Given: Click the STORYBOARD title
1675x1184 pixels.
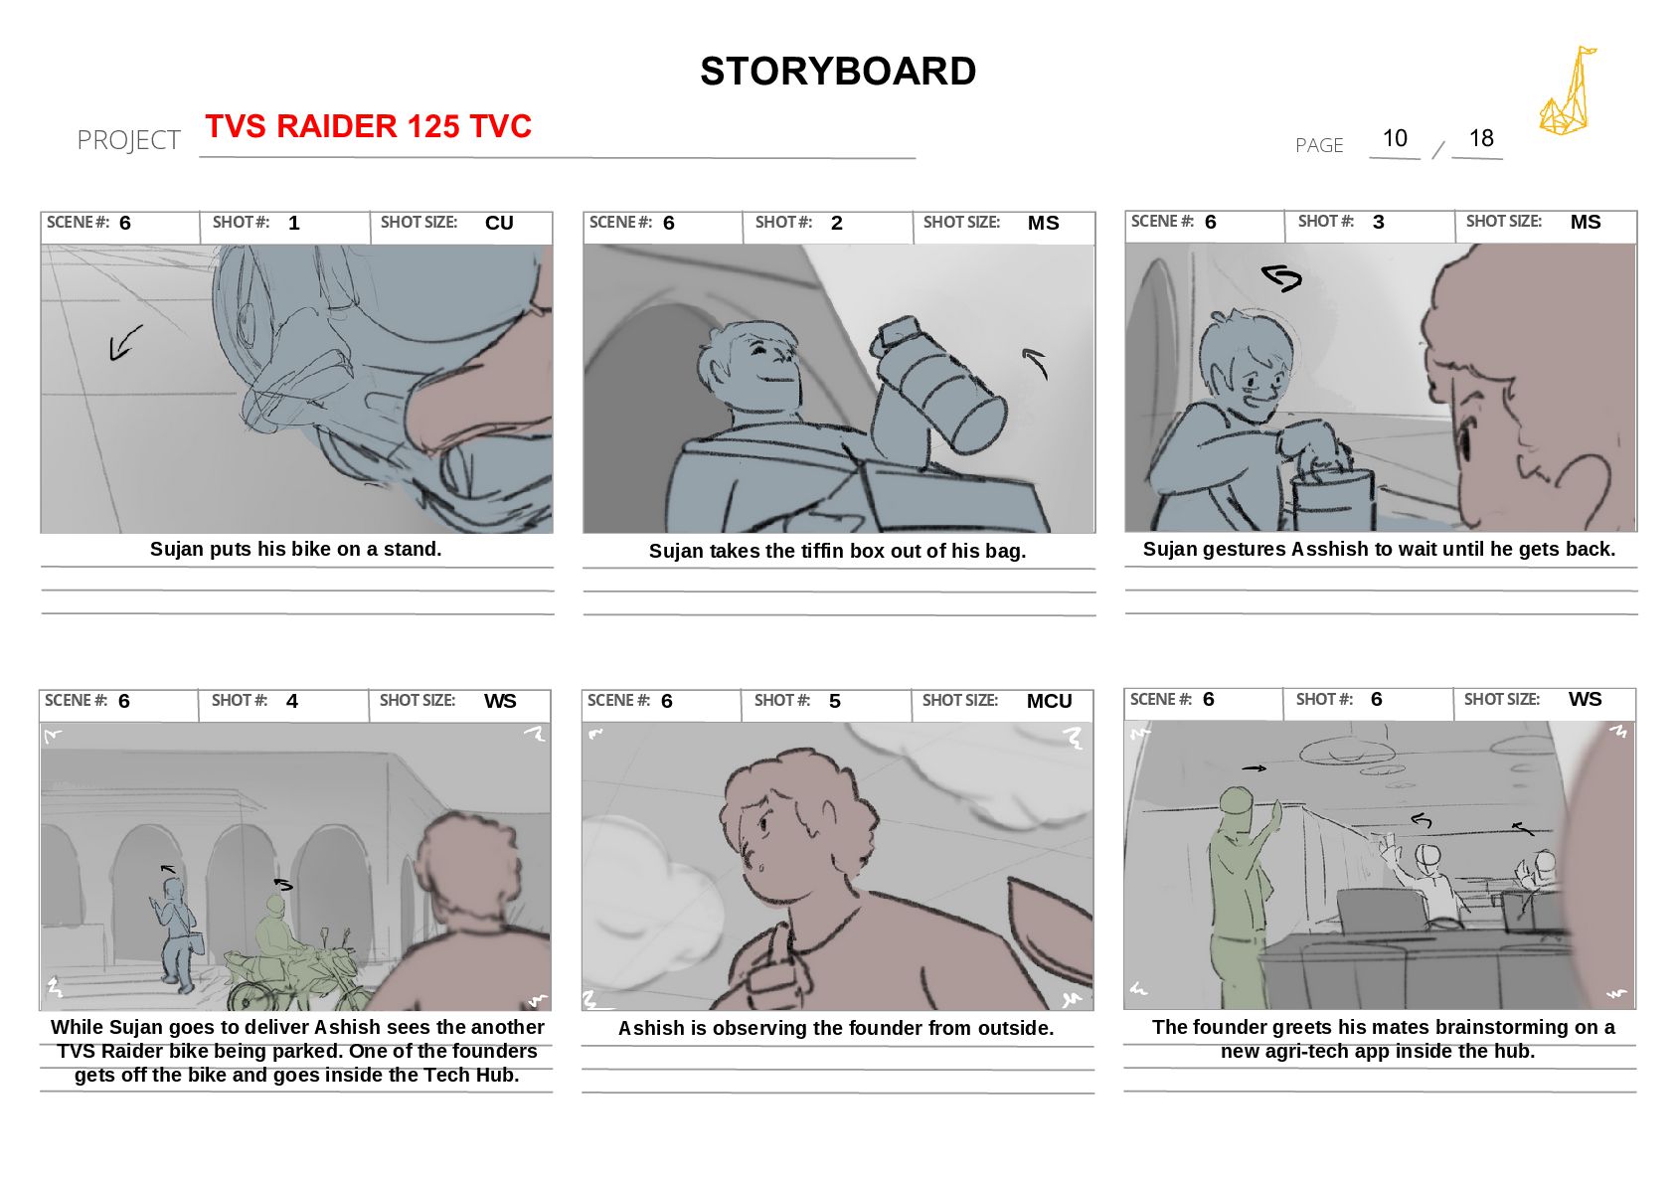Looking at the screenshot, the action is click(837, 71).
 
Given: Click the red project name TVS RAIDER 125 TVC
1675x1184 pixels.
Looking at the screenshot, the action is click(368, 125).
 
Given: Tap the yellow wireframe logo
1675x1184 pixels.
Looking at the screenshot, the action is click(1567, 90).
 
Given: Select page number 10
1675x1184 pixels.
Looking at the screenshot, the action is click(1395, 138).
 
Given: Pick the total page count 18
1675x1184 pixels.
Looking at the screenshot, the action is click(1480, 138).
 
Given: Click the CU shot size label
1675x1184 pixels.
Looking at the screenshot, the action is click(499, 223).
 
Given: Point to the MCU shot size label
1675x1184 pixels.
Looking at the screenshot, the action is click(1049, 701).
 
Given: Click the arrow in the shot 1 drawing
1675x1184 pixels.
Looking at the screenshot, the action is click(125, 343).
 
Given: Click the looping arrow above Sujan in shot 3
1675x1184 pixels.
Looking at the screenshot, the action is click(1281, 278).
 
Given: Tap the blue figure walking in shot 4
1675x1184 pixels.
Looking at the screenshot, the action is click(177, 934).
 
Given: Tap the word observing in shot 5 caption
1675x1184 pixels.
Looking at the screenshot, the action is click(752, 1029).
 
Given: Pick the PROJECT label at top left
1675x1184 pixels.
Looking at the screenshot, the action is click(128, 140).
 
